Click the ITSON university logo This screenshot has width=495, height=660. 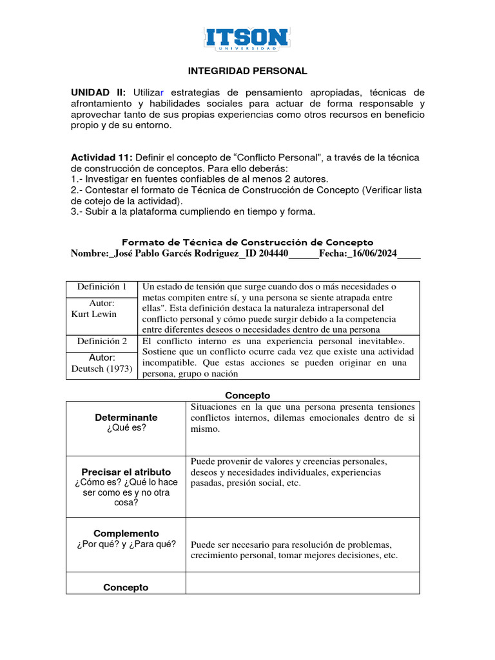(247, 39)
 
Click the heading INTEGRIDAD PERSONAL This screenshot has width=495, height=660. (247, 71)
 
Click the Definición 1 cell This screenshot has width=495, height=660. (102, 287)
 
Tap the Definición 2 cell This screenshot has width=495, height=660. (102, 342)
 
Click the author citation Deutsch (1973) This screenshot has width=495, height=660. (102, 369)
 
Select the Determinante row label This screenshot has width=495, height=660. (126, 418)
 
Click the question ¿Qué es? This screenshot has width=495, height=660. (126, 428)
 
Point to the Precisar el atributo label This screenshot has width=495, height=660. (126, 472)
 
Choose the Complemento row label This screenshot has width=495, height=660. (126, 534)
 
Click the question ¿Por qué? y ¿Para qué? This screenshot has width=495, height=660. (126, 545)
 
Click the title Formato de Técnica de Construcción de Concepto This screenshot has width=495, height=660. (247, 242)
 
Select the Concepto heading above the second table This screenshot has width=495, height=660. (247, 395)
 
